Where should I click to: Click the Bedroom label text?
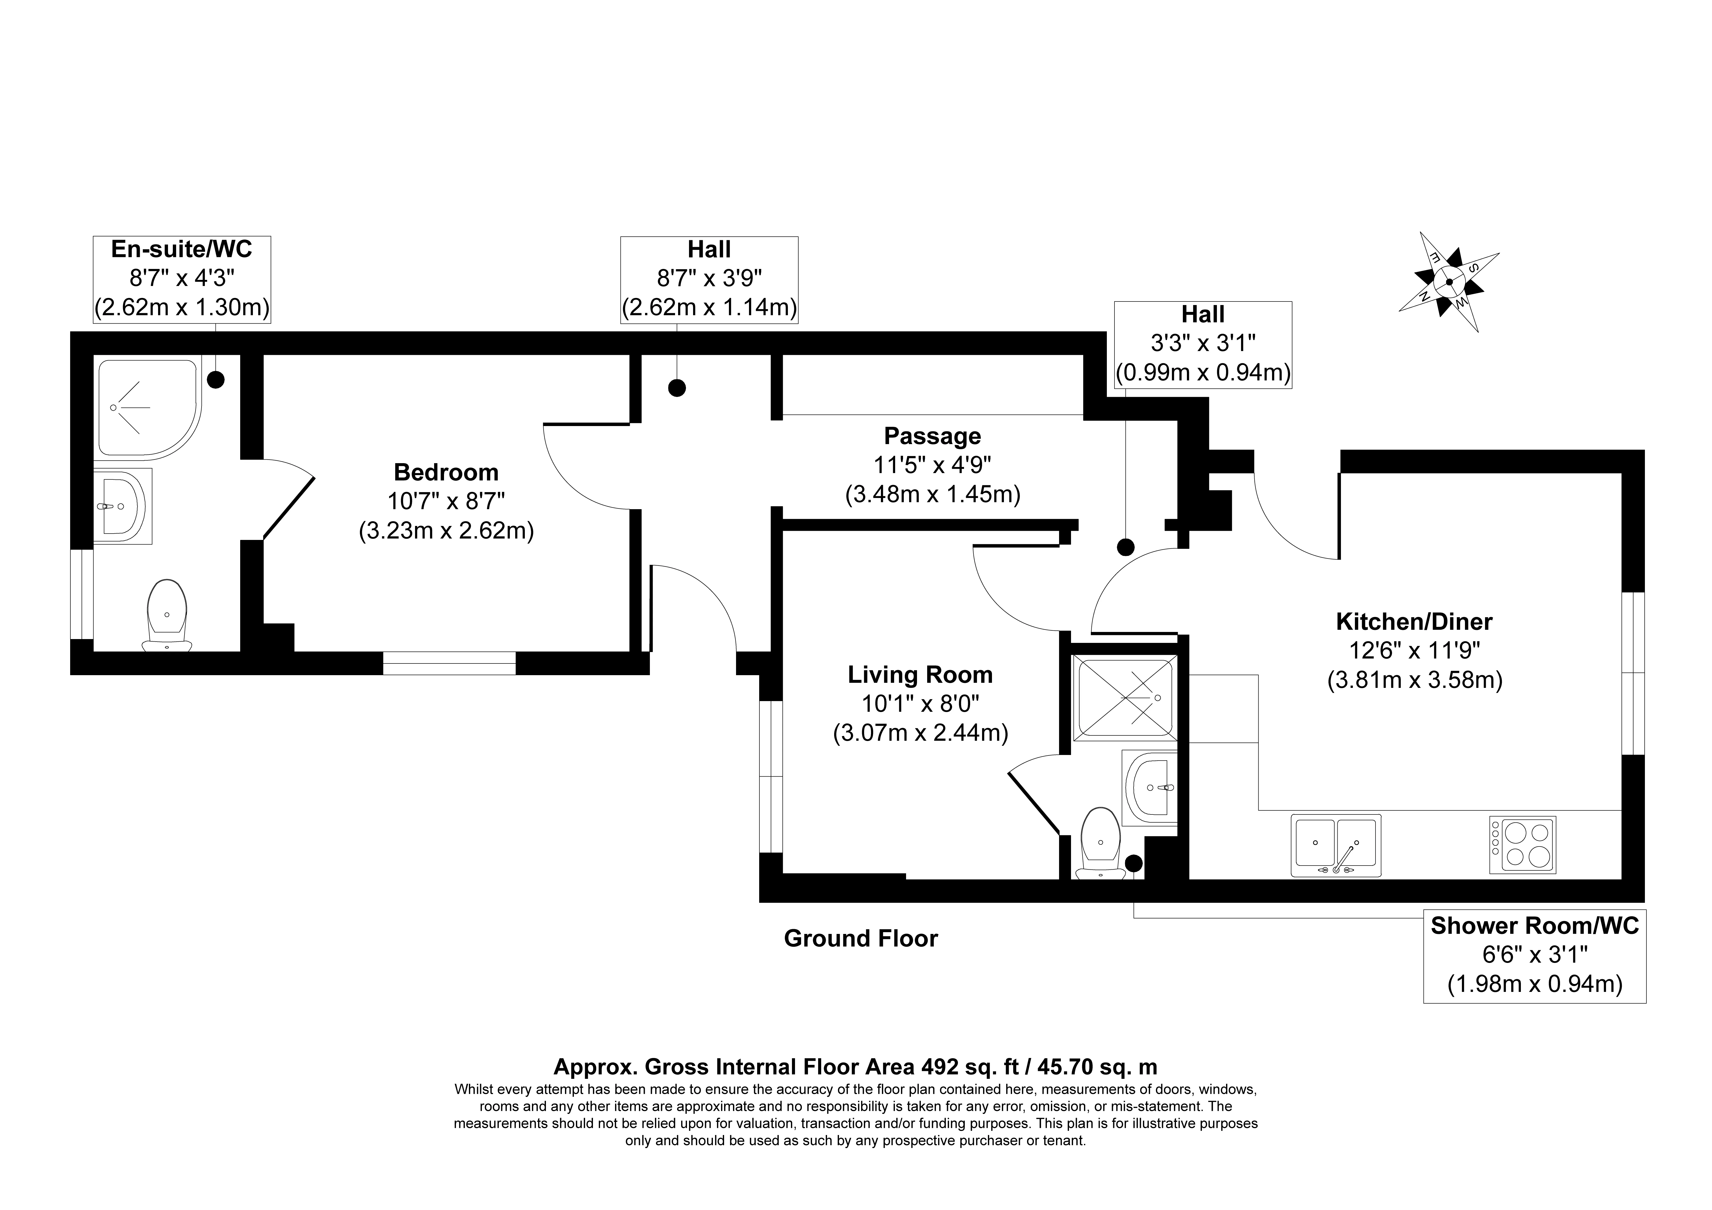[x=446, y=472]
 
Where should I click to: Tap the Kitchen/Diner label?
[x=1414, y=622]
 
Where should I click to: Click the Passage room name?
[x=932, y=436]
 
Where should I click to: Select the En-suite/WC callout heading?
[x=182, y=249]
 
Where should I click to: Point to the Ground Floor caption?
[x=861, y=939]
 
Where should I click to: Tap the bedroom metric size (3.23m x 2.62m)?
[x=446, y=531]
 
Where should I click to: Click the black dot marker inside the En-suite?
[x=216, y=380]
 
